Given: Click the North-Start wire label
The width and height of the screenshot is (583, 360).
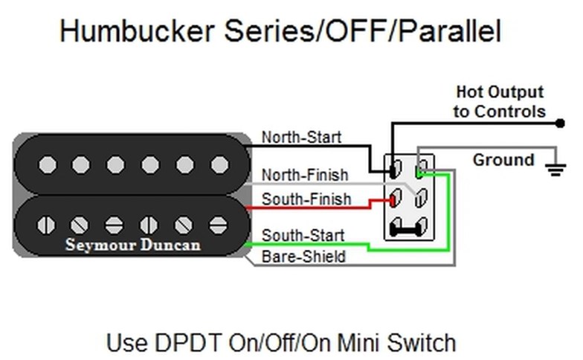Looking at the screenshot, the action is tap(302, 137).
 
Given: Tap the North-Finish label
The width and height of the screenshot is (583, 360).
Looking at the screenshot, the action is tap(305, 175).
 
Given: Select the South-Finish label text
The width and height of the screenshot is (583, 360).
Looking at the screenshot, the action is tap(306, 199).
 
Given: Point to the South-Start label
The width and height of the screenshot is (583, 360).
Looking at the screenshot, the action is tap(303, 235).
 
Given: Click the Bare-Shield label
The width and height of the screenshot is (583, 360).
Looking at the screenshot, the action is tap(303, 257).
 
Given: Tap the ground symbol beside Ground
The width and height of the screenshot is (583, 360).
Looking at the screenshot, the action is tap(556, 169).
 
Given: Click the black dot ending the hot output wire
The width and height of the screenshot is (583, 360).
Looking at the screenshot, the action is tap(560, 123).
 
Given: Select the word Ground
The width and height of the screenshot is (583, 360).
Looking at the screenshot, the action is tap(503, 160).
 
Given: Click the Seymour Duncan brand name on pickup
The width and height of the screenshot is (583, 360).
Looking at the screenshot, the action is tap(132, 245).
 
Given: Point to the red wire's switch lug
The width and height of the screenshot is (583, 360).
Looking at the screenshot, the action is tap(395, 198).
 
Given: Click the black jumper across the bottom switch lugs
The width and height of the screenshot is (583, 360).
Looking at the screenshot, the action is tap(408, 228).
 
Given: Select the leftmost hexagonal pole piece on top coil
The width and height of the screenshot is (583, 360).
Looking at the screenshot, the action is tap(48, 165).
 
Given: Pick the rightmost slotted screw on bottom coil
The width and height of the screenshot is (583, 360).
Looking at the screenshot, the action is tap(219, 225).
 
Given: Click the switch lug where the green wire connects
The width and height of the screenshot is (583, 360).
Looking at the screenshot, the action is tap(421, 170).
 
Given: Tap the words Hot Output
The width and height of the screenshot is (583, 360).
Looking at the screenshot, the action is tap(500, 92).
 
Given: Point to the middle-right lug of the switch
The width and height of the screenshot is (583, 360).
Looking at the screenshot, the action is tap(421, 198).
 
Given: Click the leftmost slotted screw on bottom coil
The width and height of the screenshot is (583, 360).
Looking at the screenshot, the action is tap(46, 225).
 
